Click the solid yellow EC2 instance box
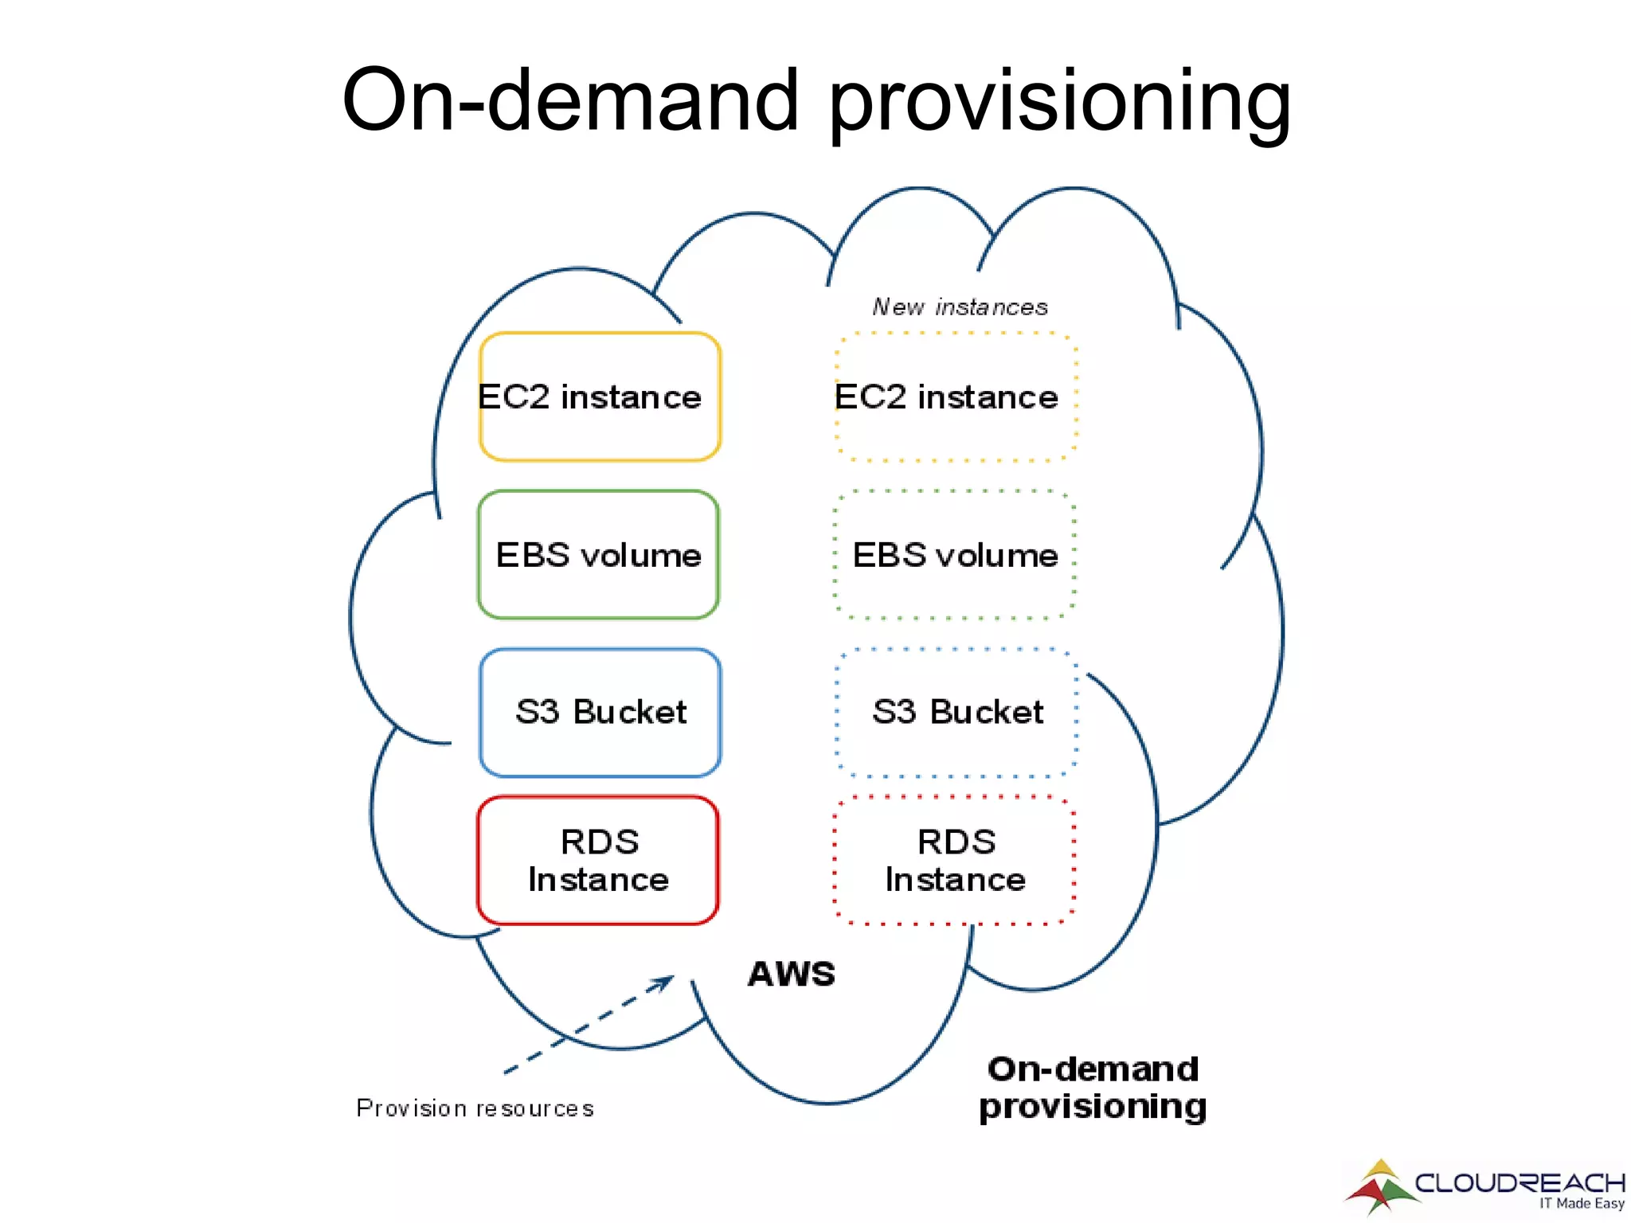click(x=600, y=397)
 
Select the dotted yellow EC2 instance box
click(x=956, y=397)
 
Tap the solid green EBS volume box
click(x=598, y=554)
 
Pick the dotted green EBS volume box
click(x=955, y=554)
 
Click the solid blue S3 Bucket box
click(x=600, y=712)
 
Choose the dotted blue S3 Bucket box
click(x=956, y=712)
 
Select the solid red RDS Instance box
click(x=598, y=860)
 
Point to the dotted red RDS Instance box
click(x=955, y=860)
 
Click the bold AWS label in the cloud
click(x=792, y=974)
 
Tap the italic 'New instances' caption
click(x=960, y=307)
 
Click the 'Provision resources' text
click(x=475, y=1108)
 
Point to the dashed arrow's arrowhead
click(x=665, y=983)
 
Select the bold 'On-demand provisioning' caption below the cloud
click(x=1093, y=1088)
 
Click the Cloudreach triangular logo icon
click(x=1381, y=1187)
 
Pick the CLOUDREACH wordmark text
click(x=1520, y=1182)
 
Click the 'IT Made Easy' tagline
click(x=1582, y=1204)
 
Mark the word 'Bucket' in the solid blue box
click(x=629, y=712)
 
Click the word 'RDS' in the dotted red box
click(x=956, y=842)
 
